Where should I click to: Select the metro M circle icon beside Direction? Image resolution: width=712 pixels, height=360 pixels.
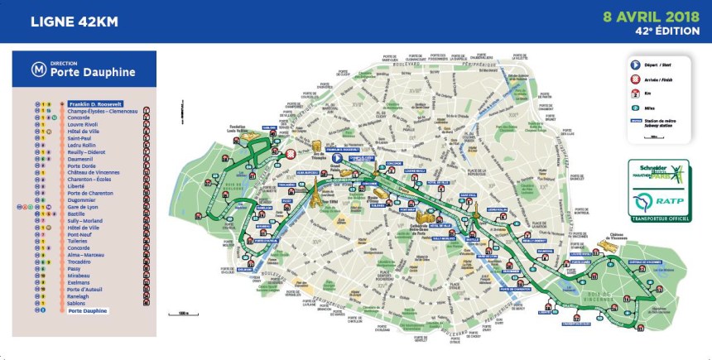tap(37, 68)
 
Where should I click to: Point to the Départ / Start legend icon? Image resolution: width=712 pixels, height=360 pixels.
tap(635, 65)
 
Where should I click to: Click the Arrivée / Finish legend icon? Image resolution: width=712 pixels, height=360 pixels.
tap(635, 79)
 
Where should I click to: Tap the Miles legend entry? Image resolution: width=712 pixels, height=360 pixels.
tap(635, 107)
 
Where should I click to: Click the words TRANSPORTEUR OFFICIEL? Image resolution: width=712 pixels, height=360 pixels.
tap(661, 218)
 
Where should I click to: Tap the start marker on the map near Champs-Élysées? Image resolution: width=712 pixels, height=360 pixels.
tap(337, 158)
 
